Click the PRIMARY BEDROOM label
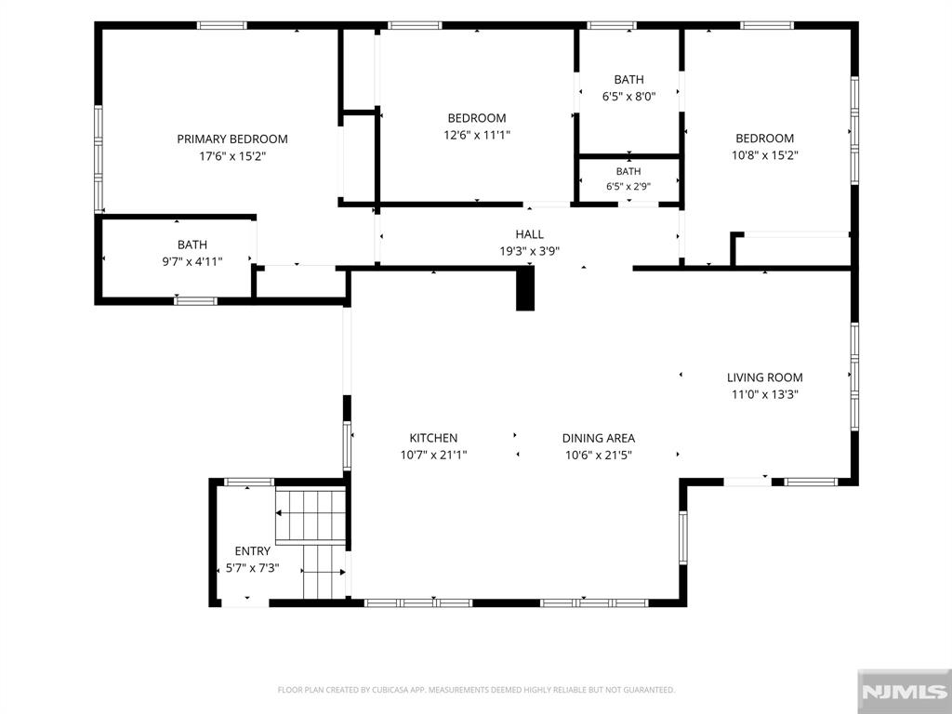tap(231, 139)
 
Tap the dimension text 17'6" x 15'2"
tap(232, 156)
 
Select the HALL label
tap(529, 234)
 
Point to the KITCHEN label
tap(433, 438)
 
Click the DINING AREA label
tap(599, 438)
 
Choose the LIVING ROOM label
tap(765, 377)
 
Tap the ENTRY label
tap(253, 551)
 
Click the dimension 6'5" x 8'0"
tap(629, 96)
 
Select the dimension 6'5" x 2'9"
tap(628, 186)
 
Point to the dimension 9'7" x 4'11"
tap(192, 261)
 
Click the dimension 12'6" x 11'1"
tap(477, 135)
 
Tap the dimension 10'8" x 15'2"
tap(765, 155)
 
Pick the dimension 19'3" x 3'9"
tap(529, 251)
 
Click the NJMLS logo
tap(905, 692)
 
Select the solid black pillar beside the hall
tap(525, 290)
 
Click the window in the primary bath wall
tap(195, 300)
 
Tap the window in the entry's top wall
tap(249, 483)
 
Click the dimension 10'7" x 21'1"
tap(433, 455)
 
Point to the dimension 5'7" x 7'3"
tap(253, 568)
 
